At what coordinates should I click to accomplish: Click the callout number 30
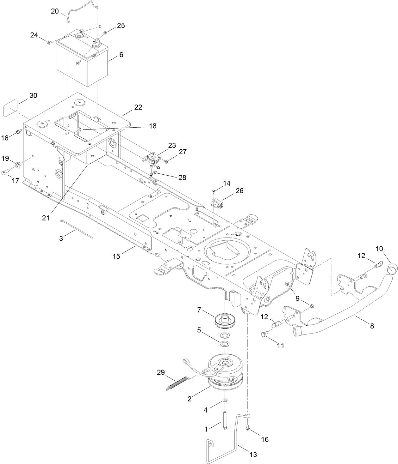33,95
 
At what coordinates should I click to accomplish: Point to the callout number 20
55,11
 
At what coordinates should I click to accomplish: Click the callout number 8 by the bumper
372,326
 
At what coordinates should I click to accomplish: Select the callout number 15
117,256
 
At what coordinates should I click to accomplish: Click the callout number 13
253,455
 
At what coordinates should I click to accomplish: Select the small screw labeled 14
214,191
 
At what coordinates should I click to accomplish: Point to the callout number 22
138,107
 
